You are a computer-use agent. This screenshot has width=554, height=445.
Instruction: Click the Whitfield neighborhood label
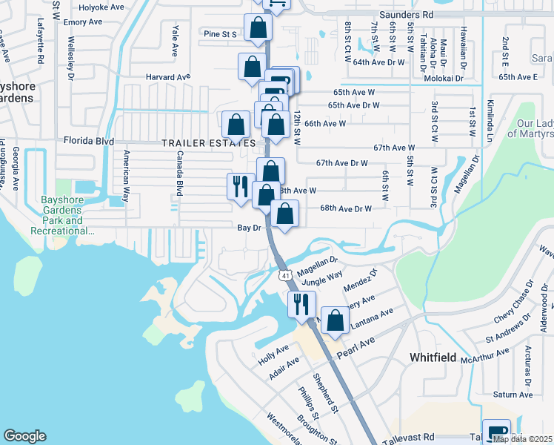(433, 357)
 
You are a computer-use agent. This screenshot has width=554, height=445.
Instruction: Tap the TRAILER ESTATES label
(209, 142)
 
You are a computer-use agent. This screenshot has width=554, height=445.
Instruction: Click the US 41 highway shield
(285, 276)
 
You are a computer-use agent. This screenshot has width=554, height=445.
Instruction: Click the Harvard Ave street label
(168, 76)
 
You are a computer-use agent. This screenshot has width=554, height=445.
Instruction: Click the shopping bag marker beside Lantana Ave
(336, 320)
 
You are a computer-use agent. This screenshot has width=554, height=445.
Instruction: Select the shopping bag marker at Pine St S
(258, 28)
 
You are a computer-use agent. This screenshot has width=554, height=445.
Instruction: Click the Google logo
(24, 436)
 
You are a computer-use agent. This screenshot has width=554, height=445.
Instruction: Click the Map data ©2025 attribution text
(522, 439)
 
